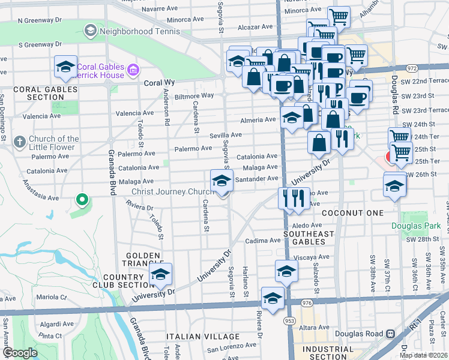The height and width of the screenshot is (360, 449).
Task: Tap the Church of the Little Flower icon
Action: (x=20, y=142)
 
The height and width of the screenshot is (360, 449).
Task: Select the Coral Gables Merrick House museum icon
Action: (x=133, y=71)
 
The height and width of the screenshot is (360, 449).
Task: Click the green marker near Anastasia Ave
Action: (x=82, y=199)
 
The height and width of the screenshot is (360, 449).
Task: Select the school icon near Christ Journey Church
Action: (x=221, y=179)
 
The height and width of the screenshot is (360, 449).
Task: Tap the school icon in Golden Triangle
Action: (x=160, y=274)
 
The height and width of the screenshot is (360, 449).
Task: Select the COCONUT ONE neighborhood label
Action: (x=352, y=213)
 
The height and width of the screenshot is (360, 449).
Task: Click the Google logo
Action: (x=20, y=353)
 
